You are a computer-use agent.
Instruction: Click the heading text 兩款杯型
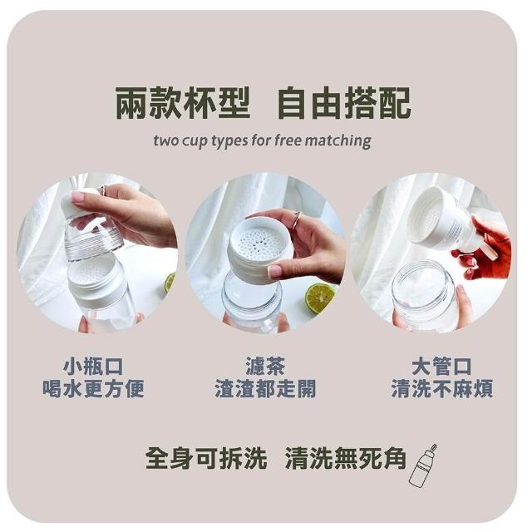pyautogui.click(x=183, y=103)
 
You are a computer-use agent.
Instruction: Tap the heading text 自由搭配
pyautogui.click(x=344, y=103)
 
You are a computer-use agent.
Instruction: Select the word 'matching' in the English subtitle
pyautogui.click(x=337, y=140)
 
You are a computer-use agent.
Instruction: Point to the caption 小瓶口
pyautogui.click(x=93, y=367)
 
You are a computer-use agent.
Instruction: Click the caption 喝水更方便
pyautogui.click(x=93, y=389)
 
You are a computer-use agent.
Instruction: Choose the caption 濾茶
pyautogui.click(x=266, y=366)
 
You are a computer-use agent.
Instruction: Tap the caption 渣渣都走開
pyautogui.click(x=266, y=389)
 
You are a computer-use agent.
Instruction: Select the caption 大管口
pyautogui.click(x=441, y=367)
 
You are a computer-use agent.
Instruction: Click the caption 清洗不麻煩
pyautogui.click(x=441, y=389)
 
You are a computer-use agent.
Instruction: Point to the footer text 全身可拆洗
pyautogui.click(x=206, y=458)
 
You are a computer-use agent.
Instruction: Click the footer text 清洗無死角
pyautogui.click(x=346, y=458)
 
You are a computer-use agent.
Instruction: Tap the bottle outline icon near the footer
pyautogui.click(x=421, y=465)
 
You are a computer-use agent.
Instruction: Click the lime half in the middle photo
pyautogui.click(x=320, y=298)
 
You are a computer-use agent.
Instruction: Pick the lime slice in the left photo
pyautogui.click(x=170, y=283)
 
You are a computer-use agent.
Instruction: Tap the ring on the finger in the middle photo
pyautogui.click(x=297, y=219)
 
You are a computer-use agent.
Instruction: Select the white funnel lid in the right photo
pyautogui.click(x=443, y=217)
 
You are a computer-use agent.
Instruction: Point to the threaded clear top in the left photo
pyautogui.click(x=93, y=241)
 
